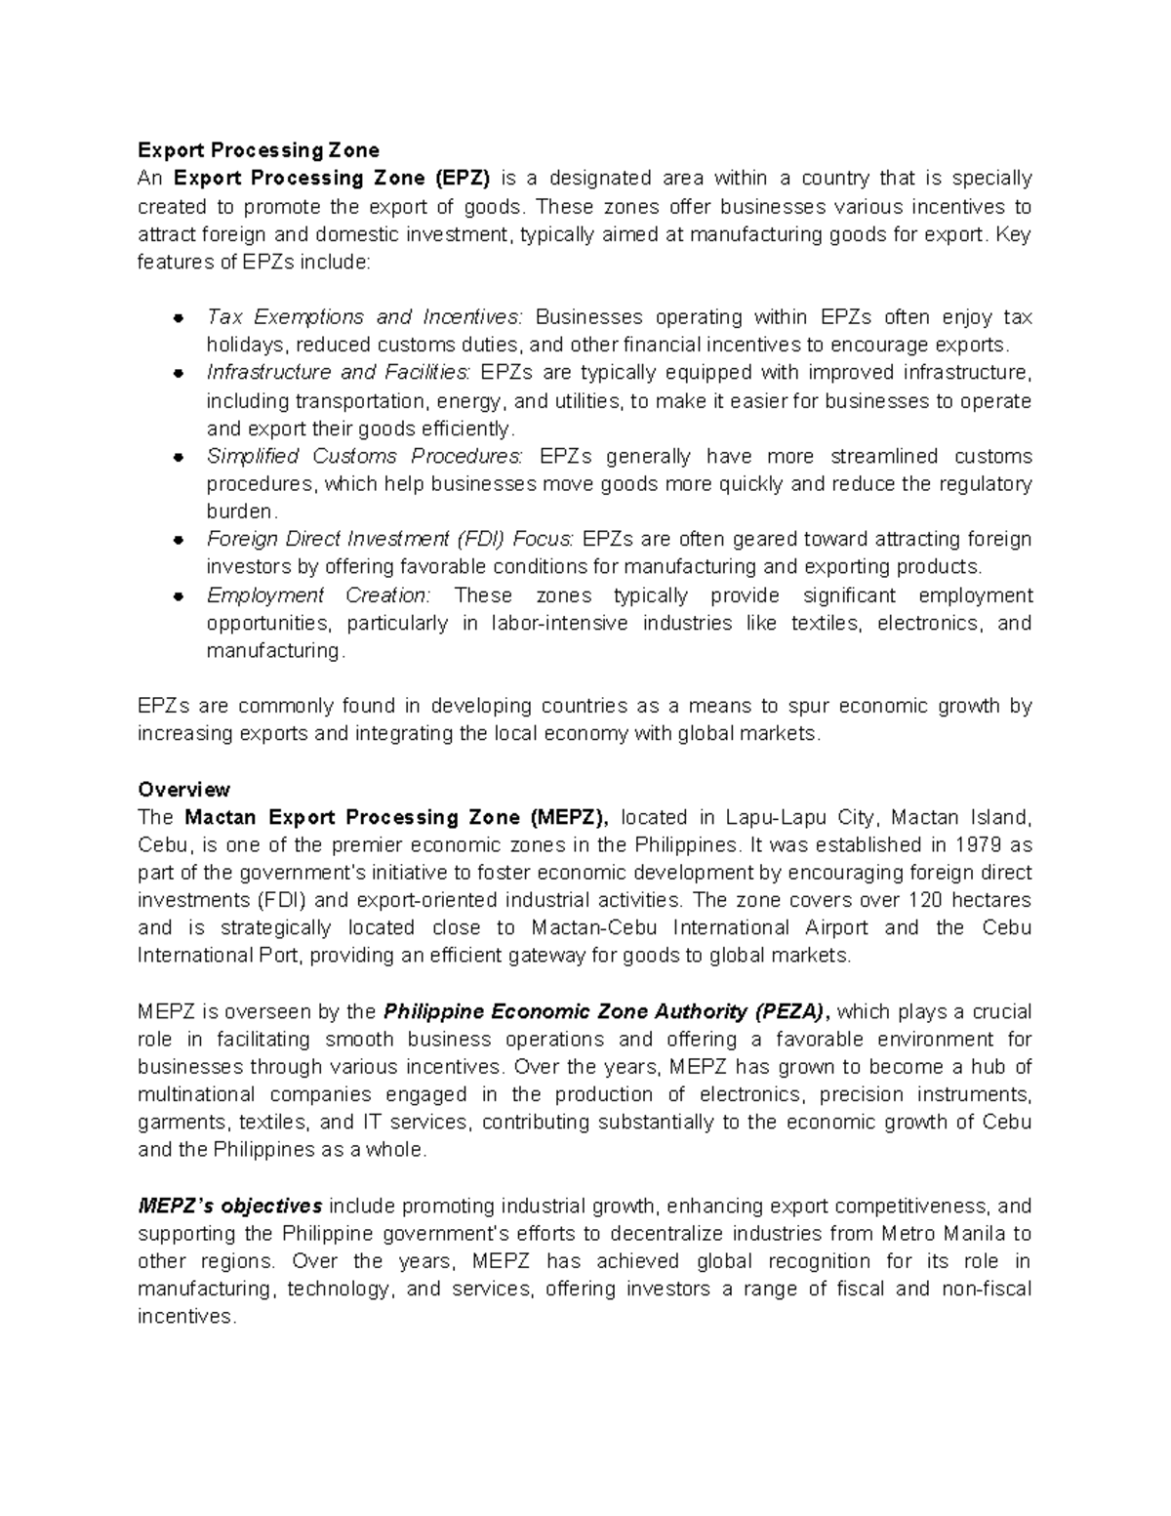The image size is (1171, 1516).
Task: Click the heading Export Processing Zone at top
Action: click(258, 150)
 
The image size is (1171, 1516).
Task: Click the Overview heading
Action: click(183, 789)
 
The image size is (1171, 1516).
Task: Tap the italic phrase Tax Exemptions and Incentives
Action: click(364, 317)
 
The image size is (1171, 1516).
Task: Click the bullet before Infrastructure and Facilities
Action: click(179, 374)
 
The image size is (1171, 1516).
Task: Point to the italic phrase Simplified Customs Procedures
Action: click(364, 457)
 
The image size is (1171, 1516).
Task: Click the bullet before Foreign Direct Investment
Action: click(179, 540)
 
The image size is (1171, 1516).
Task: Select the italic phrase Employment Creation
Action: click(317, 595)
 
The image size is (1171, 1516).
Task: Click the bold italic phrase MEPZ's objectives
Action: click(230, 1206)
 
